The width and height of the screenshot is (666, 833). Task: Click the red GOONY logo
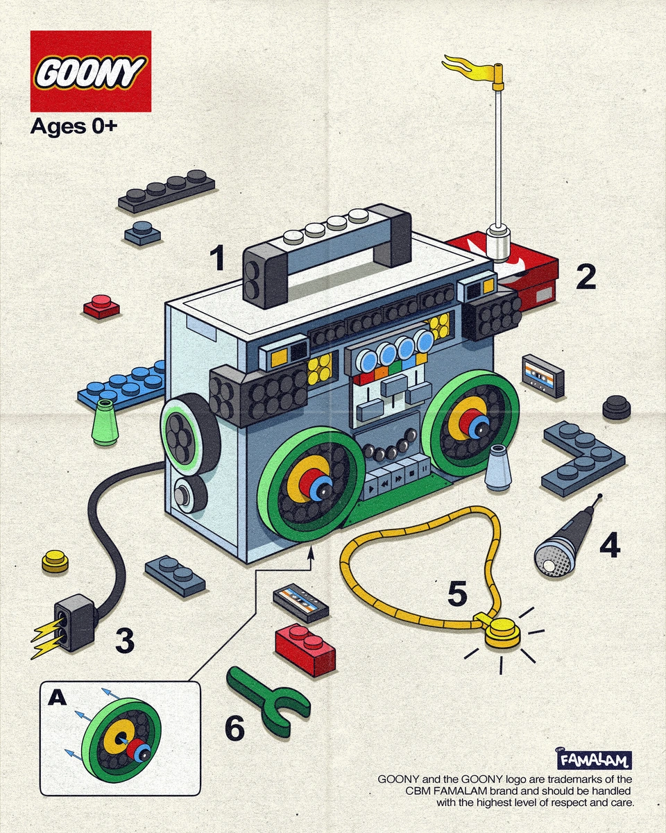point(90,71)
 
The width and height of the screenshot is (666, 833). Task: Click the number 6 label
point(234,728)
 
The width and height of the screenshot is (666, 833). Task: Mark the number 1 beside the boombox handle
point(218,259)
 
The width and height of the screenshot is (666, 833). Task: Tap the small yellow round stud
point(55,560)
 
